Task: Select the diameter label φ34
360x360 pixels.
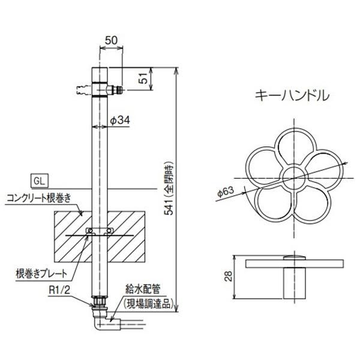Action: click(121, 121)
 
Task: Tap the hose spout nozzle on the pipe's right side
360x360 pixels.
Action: click(118, 91)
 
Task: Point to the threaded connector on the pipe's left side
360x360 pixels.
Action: click(80, 91)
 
